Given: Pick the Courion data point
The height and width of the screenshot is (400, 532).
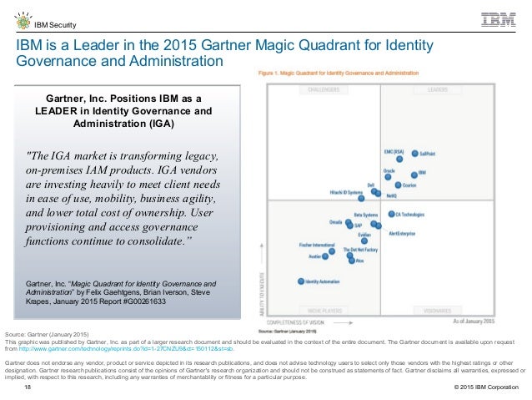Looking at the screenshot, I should tap(398, 185).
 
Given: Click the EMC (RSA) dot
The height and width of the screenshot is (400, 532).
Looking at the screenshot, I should tap(399, 155).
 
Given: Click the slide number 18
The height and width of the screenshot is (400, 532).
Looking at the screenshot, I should tap(28, 388).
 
